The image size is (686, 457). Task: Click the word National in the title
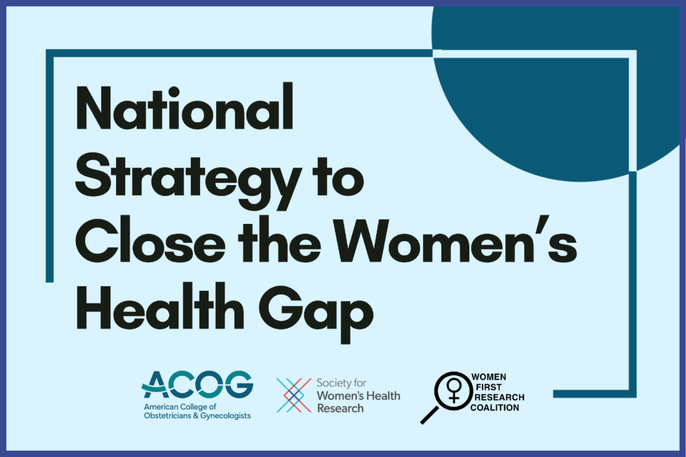point(184,106)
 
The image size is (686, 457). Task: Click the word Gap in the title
point(316,313)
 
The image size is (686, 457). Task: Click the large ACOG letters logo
point(197,384)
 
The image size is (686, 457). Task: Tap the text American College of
point(180,407)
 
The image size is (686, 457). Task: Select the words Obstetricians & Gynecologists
point(198,416)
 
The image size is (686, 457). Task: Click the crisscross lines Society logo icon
point(294,395)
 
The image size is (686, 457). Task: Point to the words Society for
point(341,383)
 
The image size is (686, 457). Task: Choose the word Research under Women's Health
point(340,408)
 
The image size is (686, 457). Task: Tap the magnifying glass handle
point(429,415)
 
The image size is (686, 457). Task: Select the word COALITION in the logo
point(494,408)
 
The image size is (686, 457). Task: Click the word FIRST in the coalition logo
point(489,387)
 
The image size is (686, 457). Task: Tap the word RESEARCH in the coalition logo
point(500,398)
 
